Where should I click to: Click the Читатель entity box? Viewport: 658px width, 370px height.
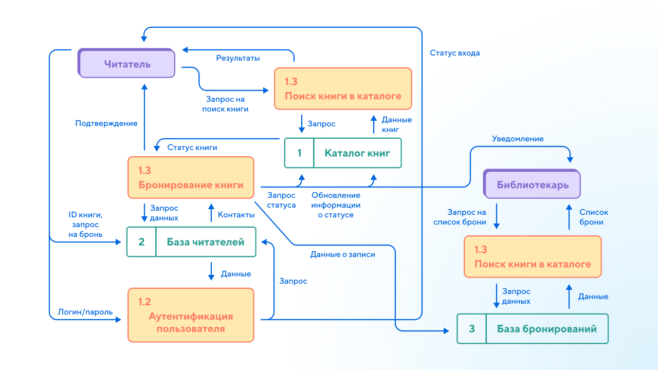[x=126, y=63]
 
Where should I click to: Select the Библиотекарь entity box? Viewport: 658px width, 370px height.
[x=532, y=184]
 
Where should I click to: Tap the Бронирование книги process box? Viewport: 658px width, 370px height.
[x=191, y=178]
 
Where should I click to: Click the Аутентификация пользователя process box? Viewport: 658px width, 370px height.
[x=191, y=315]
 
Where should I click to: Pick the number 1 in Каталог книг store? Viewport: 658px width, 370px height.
[x=299, y=153]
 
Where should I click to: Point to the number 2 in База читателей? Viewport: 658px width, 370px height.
[x=141, y=242]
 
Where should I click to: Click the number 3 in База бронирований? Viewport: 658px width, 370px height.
[x=472, y=328]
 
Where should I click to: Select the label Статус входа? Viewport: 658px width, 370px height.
[x=455, y=53]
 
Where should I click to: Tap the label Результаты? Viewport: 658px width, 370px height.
[x=238, y=58]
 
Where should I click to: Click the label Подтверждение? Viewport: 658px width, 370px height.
[x=106, y=123]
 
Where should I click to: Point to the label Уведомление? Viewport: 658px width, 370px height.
[x=518, y=139]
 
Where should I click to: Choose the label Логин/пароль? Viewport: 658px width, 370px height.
[x=85, y=312]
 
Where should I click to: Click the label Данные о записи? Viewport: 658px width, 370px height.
[x=342, y=254]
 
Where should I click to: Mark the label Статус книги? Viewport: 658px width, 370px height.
[x=192, y=147]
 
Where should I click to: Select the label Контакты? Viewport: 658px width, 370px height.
[x=236, y=215]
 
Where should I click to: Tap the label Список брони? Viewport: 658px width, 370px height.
[x=593, y=217]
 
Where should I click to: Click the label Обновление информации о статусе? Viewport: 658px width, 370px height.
[x=336, y=205]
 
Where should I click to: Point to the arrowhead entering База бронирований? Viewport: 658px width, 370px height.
[x=446, y=331]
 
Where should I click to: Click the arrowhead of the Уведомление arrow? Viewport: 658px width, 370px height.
[x=570, y=160]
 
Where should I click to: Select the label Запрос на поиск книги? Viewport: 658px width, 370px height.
[x=225, y=104]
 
